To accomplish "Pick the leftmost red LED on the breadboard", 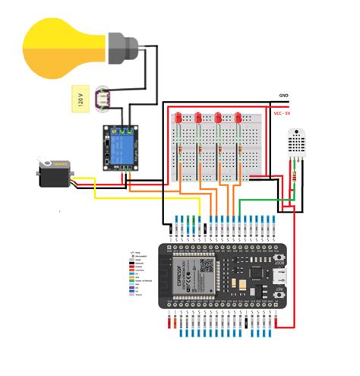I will (178, 119).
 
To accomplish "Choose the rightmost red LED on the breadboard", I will (238, 119).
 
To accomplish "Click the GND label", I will (283, 96).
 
